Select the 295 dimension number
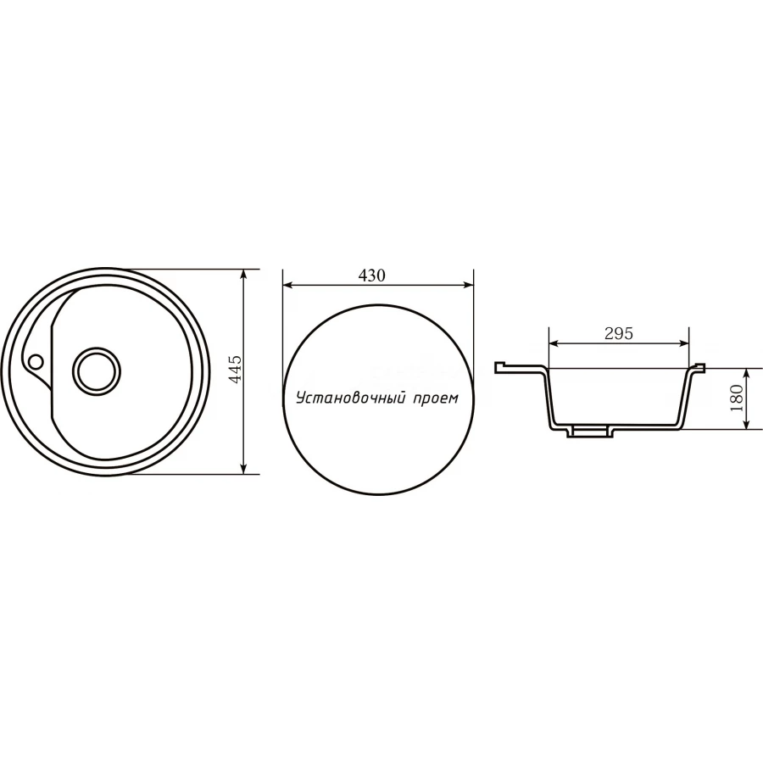(x=619, y=333)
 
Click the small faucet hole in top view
(x=36, y=362)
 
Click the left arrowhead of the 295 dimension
(x=554, y=343)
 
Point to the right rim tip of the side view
(x=701, y=366)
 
